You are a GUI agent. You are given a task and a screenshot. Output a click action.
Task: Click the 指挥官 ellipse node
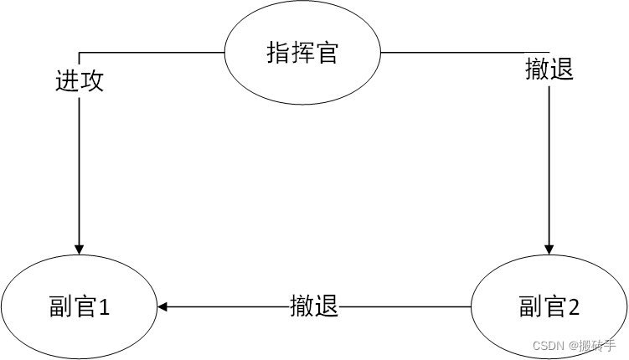point(302,54)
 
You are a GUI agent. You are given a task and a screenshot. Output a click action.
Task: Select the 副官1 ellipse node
point(80,307)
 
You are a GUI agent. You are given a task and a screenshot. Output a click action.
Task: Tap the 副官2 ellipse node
point(549,307)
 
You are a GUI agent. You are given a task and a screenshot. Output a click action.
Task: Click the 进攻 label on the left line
point(80,81)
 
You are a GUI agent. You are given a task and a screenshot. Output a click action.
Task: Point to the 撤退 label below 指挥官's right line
point(549,69)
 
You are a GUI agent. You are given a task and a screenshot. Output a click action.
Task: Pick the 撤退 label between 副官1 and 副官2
point(314,306)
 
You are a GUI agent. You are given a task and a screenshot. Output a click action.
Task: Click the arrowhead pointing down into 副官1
point(80,248)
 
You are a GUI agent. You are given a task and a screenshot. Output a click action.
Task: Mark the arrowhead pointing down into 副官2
point(549,248)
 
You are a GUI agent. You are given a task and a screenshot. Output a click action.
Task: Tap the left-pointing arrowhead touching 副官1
point(162,307)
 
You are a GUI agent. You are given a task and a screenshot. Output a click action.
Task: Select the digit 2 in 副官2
point(574,308)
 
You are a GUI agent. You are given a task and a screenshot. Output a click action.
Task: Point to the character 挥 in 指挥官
point(302,54)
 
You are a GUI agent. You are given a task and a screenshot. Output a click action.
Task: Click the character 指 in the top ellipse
point(277,54)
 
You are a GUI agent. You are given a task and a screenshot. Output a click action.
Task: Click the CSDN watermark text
point(549,345)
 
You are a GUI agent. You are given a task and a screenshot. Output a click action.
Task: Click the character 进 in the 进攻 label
point(67,81)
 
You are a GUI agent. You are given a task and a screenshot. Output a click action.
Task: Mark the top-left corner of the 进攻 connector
point(80,53)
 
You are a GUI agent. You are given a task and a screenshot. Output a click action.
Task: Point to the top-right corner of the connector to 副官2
point(549,53)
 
